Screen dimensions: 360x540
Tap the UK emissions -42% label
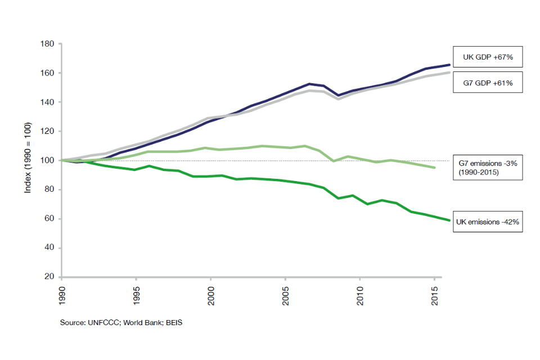coord(488,222)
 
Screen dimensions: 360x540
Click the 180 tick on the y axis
coord(47,44)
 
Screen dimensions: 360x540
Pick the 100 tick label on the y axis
coord(47,160)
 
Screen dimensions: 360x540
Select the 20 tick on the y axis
coord(49,277)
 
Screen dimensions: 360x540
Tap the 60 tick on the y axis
coord(49,219)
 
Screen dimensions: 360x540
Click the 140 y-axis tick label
coord(47,102)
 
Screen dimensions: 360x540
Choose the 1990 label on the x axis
coord(62,295)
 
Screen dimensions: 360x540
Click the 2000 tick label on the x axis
coord(211,295)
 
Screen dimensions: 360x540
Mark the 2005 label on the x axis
coord(286,295)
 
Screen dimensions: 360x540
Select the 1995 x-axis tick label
coord(137,295)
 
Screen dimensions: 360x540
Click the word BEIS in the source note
coord(173,323)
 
